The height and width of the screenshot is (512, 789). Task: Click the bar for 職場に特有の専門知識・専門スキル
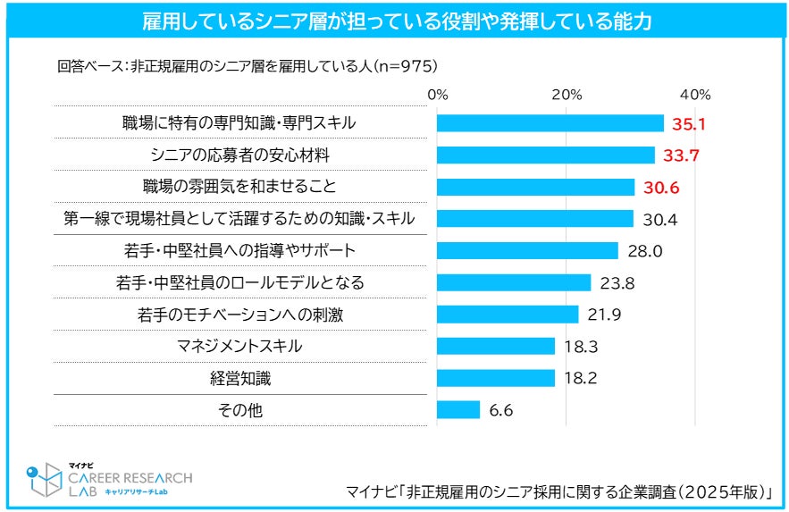coord(550,123)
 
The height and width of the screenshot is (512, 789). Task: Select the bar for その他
coord(458,409)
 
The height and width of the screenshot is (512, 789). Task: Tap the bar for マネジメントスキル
coord(496,346)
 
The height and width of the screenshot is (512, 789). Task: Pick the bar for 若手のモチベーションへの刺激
coord(508,315)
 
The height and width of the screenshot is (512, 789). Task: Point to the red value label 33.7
coord(681,155)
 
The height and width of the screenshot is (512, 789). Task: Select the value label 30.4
coord(657,219)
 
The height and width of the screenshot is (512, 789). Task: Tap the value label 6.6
coord(500,410)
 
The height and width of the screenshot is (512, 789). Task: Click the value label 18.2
coord(581,378)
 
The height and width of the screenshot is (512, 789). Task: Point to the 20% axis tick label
coord(567,95)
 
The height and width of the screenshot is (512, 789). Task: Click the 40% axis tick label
coord(695,95)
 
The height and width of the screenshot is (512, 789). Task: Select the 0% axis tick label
coord(438,95)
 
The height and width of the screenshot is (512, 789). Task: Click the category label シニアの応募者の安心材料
coord(239,155)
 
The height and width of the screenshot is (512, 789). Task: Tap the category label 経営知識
coord(239,378)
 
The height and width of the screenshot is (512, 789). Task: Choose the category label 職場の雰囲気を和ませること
coord(239,188)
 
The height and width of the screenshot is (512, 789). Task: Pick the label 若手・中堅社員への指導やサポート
coord(239,251)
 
